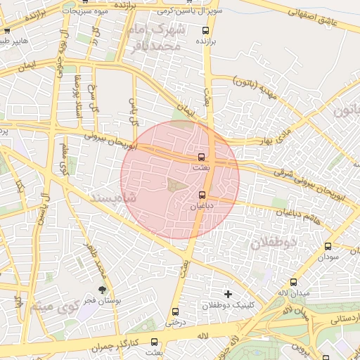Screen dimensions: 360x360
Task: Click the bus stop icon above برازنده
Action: (205, 31)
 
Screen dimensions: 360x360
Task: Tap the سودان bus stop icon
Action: (328, 247)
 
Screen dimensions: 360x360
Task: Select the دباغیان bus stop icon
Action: (202, 195)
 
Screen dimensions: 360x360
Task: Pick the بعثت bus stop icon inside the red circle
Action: (202, 156)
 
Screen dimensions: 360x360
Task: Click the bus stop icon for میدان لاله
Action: (284, 280)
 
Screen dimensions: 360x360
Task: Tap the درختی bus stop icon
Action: (174, 311)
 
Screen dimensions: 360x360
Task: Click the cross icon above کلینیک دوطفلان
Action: (227, 293)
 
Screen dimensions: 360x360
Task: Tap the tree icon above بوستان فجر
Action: (103, 289)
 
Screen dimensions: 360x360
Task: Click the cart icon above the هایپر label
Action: (6, 31)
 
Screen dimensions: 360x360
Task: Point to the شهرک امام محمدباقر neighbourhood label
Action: (157, 37)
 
